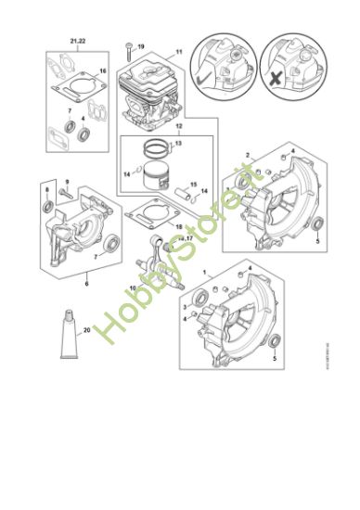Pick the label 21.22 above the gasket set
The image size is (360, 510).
pos(76,42)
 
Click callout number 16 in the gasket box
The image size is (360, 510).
pos(103,71)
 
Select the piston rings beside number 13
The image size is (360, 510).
pos(162,147)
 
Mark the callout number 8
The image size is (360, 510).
pos(47,188)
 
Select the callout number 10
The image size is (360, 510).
pos(133,288)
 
